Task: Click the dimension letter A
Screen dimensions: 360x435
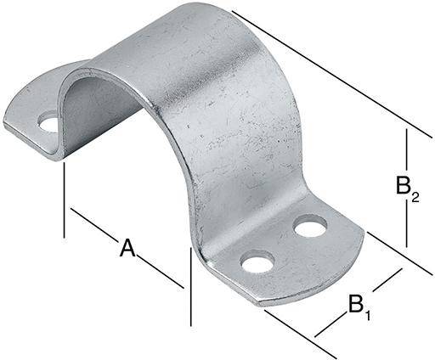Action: (x=127, y=248)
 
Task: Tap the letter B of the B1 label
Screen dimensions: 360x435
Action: (x=356, y=304)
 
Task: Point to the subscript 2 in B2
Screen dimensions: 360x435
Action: (x=415, y=198)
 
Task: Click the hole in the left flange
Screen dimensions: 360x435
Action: (x=49, y=123)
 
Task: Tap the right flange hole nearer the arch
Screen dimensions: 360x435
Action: (x=310, y=227)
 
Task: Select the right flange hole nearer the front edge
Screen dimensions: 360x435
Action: (x=257, y=262)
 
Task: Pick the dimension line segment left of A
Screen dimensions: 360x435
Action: (x=93, y=224)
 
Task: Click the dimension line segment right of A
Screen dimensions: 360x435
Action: (x=161, y=272)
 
